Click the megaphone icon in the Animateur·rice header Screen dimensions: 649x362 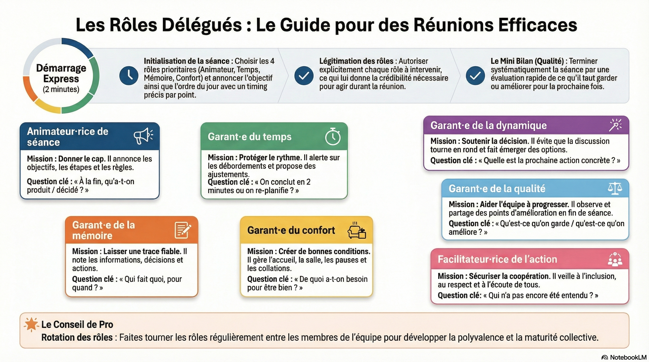tap(143, 136)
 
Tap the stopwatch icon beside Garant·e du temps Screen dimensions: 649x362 tap(333, 136)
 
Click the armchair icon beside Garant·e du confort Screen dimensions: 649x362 tap(357, 231)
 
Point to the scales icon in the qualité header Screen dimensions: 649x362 tap(615, 188)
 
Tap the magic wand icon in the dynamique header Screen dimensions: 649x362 tap(615, 125)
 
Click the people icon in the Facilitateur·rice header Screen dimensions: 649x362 tap(615, 259)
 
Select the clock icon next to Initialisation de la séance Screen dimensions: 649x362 tap(129, 75)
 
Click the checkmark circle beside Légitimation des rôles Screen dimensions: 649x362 tap(304, 75)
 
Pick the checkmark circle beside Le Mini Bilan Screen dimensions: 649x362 tap(475, 75)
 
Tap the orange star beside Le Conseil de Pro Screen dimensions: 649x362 tap(31, 324)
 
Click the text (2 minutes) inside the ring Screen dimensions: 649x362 tap(61, 89)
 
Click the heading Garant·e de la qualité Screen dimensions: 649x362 tap(497, 189)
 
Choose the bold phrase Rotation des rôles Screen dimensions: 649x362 tap(77, 337)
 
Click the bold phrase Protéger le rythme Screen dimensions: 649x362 tap(270, 158)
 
